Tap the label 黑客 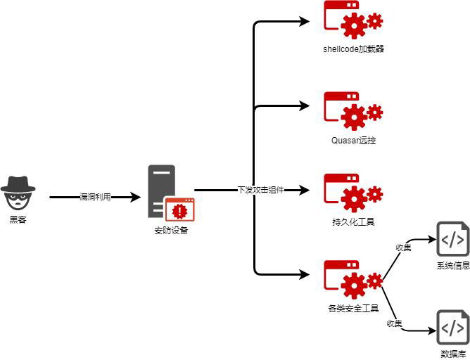point(18,219)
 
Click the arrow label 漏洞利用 point(95,198)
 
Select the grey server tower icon point(162,191)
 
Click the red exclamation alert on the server point(180,210)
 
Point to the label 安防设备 point(171,230)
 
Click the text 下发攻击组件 point(260,190)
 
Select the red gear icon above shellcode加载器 point(352,19)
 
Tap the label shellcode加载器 point(353,49)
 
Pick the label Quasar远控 point(353,140)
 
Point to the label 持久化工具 point(353,222)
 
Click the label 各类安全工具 point(353,308)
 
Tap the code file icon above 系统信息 point(452,240)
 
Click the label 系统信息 point(452,266)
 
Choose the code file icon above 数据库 point(452,328)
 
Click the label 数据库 point(452,353)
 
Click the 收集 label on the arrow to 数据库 point(394,323)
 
